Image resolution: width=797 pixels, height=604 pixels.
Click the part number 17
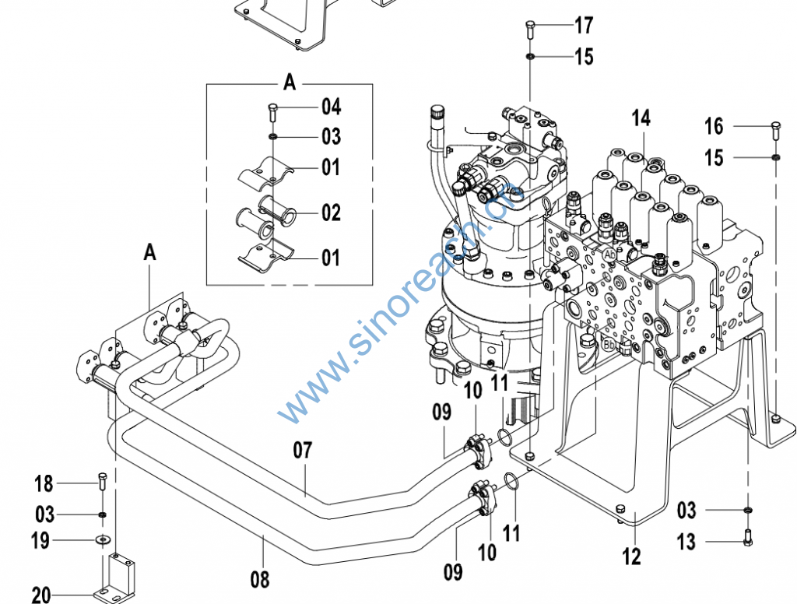(x=584, y=26)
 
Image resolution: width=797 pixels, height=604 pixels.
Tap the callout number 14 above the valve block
(x=641, y=118)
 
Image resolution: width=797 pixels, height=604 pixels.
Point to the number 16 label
(x=714, y=126)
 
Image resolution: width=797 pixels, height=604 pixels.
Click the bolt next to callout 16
(x=775, y=128)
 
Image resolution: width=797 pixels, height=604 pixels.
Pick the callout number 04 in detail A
(x=331, y=106)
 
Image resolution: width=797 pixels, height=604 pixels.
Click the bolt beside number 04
(x=273, y=110)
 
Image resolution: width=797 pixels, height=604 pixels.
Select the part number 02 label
(x=331, y=212)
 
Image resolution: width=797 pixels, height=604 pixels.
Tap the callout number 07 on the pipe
(x=303, y=450)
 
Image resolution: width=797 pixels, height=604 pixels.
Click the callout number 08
(x=260, y=579)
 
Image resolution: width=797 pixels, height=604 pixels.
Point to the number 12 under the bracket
(x=631, y=557)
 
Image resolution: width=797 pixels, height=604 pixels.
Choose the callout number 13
(x=686, y=541)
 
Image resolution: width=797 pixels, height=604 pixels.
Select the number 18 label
(x=44, y=483)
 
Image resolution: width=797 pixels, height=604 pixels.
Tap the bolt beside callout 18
(x=101, y=481)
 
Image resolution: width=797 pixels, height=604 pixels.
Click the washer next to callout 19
(x=102, y=539)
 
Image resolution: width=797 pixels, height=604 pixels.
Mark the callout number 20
(x=41, y=595)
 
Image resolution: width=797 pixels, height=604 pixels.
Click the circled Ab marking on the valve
(x=609, y=254)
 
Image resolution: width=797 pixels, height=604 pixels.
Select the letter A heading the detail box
(x=290, y=83)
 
